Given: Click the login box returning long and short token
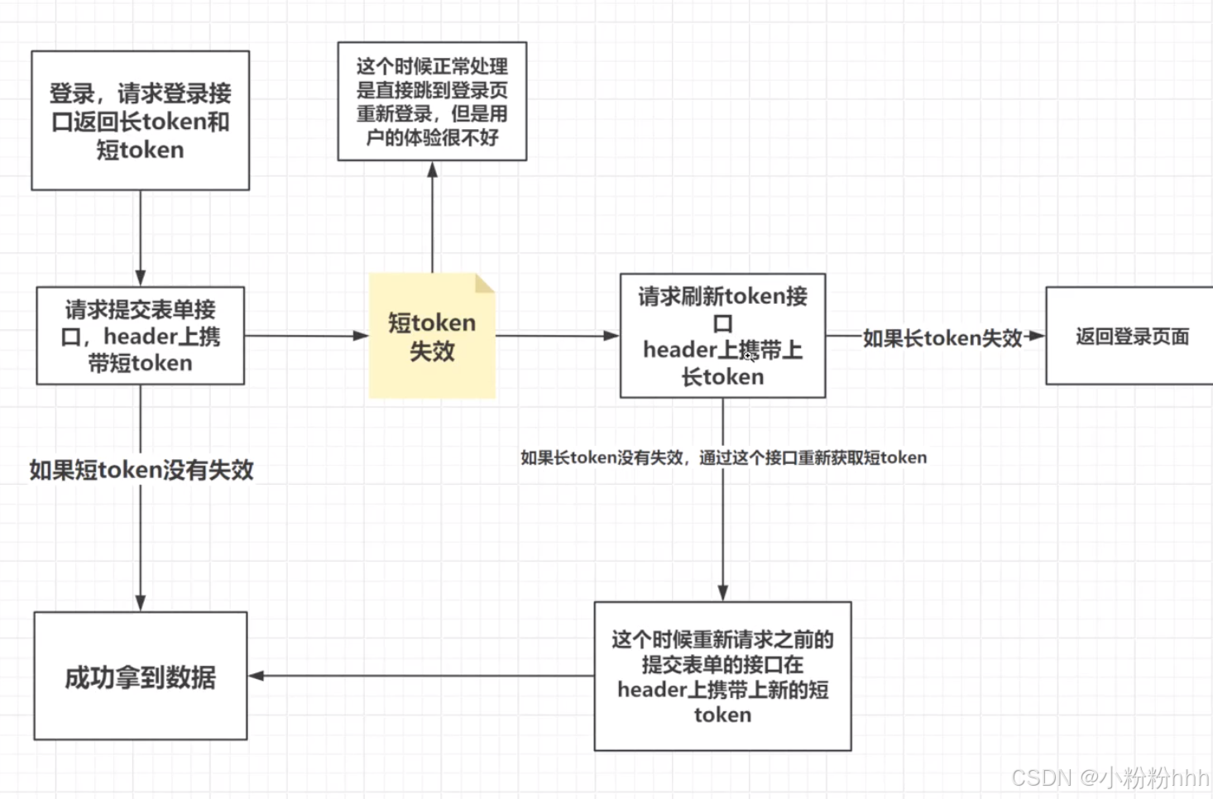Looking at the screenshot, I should (x=140, y=121).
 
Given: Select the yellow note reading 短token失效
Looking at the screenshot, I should (x=432, y=337).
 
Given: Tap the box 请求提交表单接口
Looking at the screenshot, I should (x=140, y=336).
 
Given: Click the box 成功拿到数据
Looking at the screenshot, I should (x=140, y=677).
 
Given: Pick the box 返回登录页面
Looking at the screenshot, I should (x=1130, y=336).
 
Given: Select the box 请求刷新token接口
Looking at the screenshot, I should (x=722, y=336).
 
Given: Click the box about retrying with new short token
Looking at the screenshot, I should (x=722, y=677).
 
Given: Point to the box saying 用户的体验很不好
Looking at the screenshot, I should (x=432, y=101).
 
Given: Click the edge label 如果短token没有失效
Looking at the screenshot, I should (x=141, y=470).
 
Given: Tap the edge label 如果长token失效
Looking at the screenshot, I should (x=942, y=337).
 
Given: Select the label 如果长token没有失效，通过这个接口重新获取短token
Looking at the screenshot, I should (x=723, y=457).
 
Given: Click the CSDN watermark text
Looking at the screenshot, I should (x=1110, y=777).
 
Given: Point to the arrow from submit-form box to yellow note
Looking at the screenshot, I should (x=306, y=336).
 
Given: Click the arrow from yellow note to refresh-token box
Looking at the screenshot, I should (x=557, y=336).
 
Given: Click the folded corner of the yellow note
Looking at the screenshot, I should (x=485, y=284).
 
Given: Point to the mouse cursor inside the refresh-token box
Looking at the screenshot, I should (x=748, y=354).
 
